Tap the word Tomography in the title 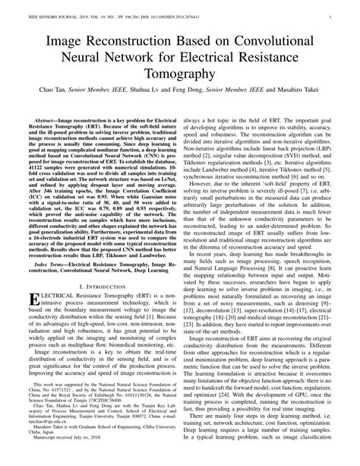(x=180, y=74)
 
